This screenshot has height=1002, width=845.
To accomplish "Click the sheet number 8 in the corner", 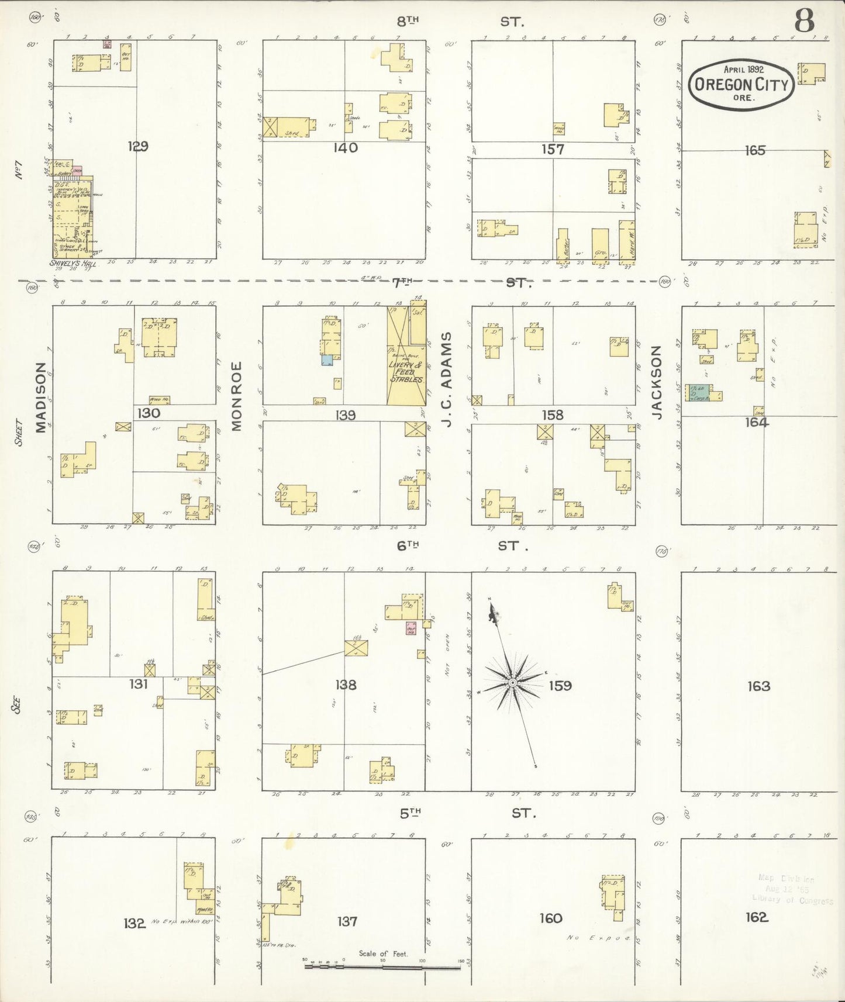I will click(804, 21).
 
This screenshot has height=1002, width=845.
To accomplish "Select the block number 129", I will click(138, 146).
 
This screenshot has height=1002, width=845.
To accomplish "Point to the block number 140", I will click(345, 147).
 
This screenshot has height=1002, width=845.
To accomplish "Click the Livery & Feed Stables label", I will click(406, 372).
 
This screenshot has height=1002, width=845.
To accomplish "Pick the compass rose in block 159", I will click(512, 682).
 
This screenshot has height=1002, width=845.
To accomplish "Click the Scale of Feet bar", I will click(382, 966).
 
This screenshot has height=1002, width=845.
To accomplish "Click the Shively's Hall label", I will click(73, 264).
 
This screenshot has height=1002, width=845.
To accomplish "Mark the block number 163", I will click(758, 686).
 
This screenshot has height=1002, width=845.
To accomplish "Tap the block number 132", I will click(134, 923).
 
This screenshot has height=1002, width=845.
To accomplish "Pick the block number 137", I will click(347, 921).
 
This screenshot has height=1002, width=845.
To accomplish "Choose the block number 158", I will click(552, 414).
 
